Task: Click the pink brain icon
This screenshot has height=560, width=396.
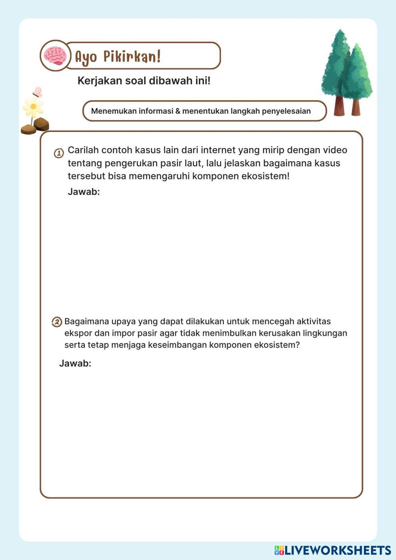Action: tap(55, 56)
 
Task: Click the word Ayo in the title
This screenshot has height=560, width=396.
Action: tap(86, 57)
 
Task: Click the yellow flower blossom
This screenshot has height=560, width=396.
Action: tap(33, 107)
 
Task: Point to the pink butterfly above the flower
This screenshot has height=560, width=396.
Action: tap(38, 92)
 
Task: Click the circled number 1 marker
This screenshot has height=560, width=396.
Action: tap(59, 153)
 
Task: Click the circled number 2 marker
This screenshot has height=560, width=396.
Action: tap(57, 322)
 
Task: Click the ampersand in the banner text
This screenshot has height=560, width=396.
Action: tap(177, 111)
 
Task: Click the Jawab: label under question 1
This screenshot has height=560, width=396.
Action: tap(84, 192)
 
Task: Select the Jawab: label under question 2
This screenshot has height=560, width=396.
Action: tap(75, 364)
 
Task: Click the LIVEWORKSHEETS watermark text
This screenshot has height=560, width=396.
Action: tap(337, 550)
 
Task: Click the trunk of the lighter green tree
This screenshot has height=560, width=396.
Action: tap(356, 107)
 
